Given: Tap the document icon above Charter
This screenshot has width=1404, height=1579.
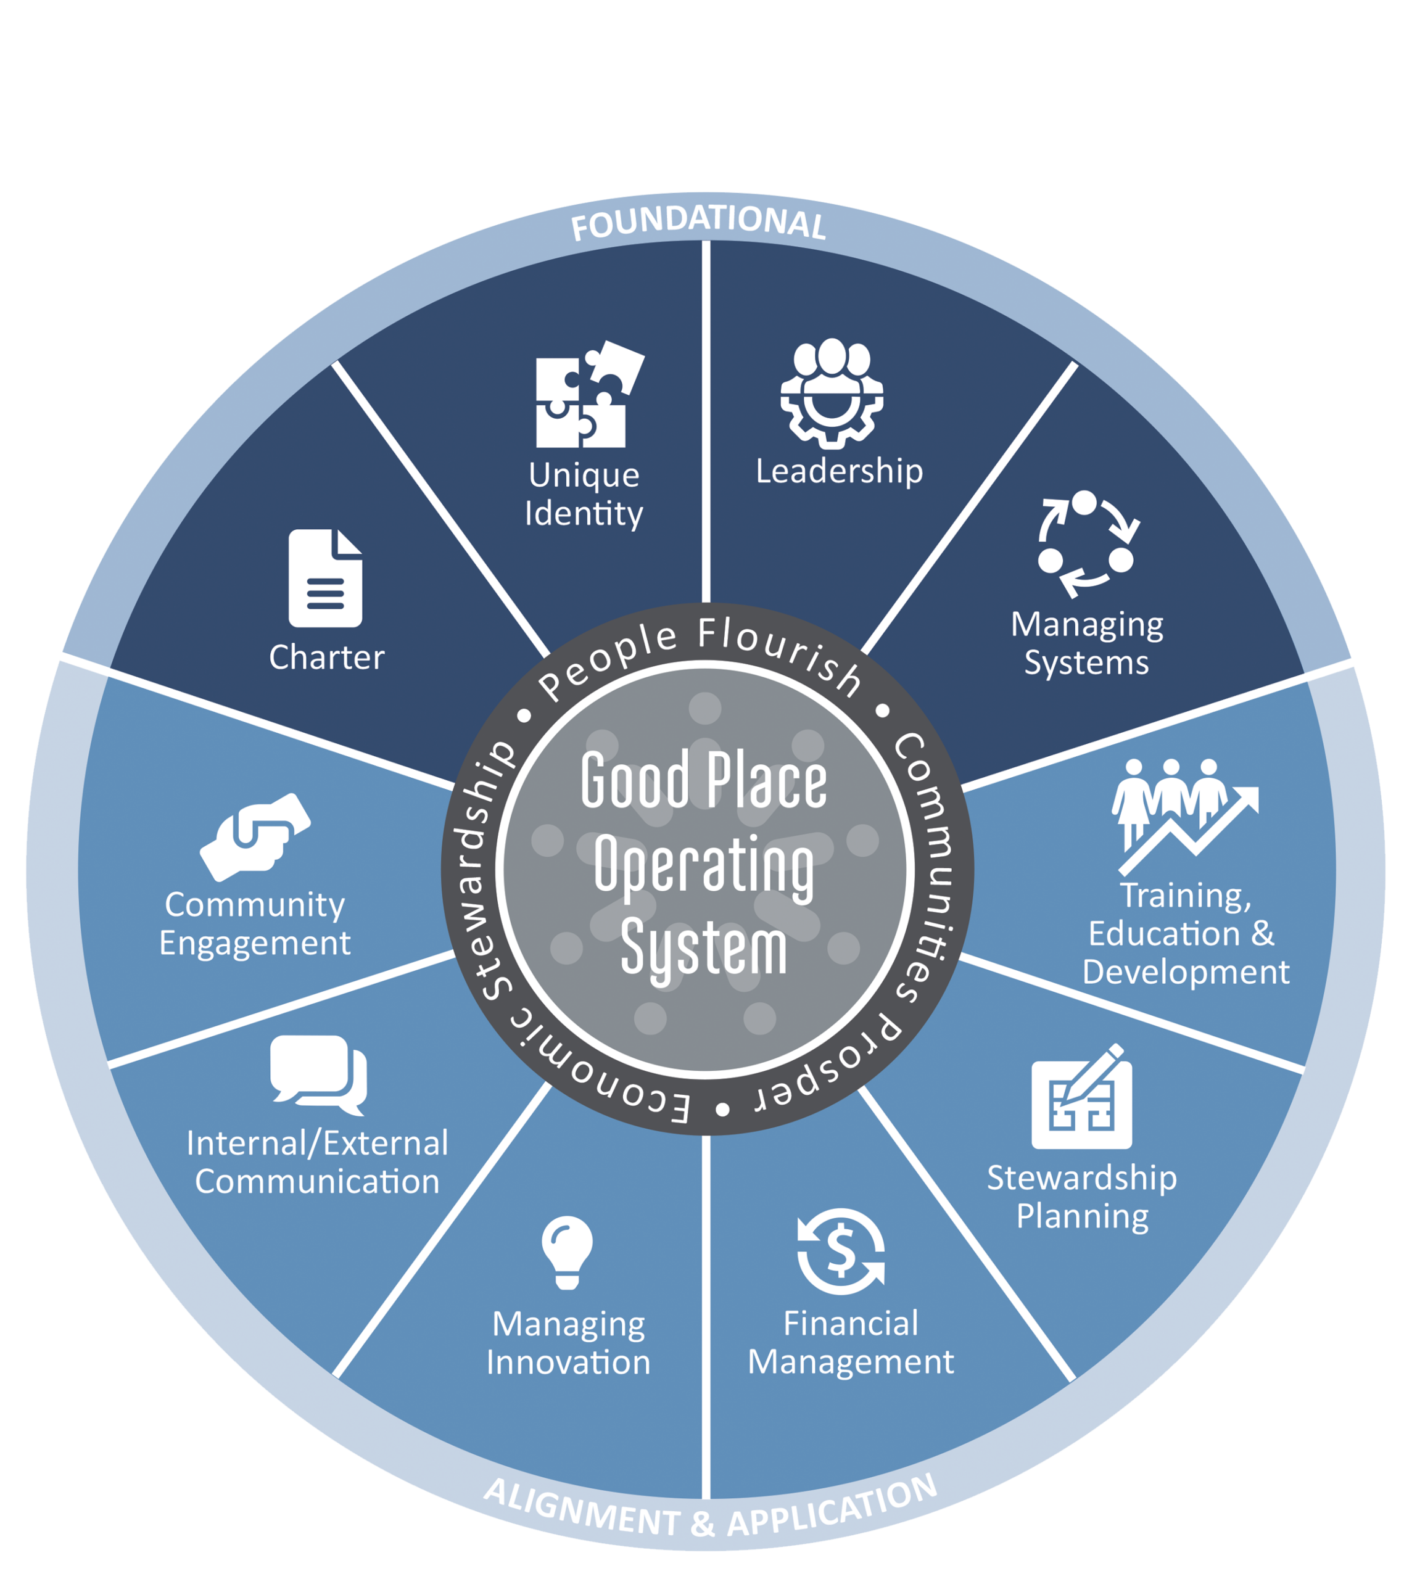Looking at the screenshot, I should coord(325,578).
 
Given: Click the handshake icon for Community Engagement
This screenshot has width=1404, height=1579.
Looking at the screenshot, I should coord(255,836).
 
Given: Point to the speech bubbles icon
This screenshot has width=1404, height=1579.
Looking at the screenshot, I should coord(318,1074).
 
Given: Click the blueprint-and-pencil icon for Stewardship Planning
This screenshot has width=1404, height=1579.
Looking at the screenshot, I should coord(1082,1097).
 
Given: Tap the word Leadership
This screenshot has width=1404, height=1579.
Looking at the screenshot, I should coord(839,471).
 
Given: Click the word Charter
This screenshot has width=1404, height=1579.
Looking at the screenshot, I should coord(326,658).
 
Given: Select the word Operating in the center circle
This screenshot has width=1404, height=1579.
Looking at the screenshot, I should coord(704,866).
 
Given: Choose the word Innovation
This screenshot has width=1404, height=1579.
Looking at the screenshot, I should coord(568,1362).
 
